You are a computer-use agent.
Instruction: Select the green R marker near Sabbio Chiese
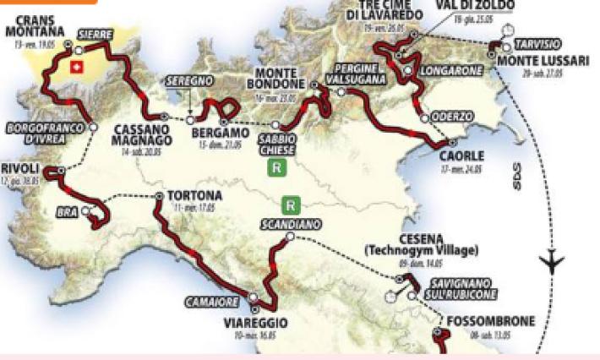coord(275,168)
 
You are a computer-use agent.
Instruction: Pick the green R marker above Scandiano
coord(290,204)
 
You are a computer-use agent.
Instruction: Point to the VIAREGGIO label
coord(256,323)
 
